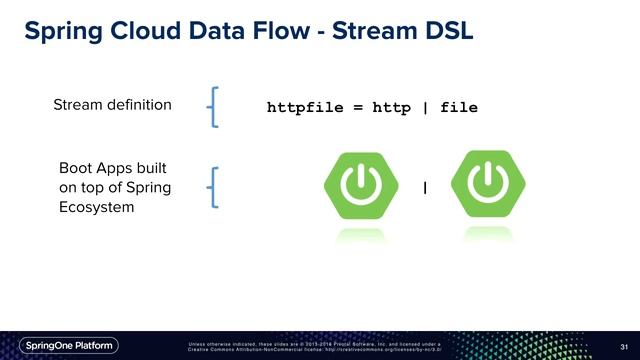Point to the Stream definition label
tap(112, 104)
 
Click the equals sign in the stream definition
tap(357, 106)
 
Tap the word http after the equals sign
tap(391, 106)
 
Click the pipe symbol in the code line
tap(425, 106)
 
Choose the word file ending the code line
tap(459, 106)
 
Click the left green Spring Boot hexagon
tap(357, 186)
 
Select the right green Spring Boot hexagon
tap(487, 186)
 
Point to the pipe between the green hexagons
tap(425, 188)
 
